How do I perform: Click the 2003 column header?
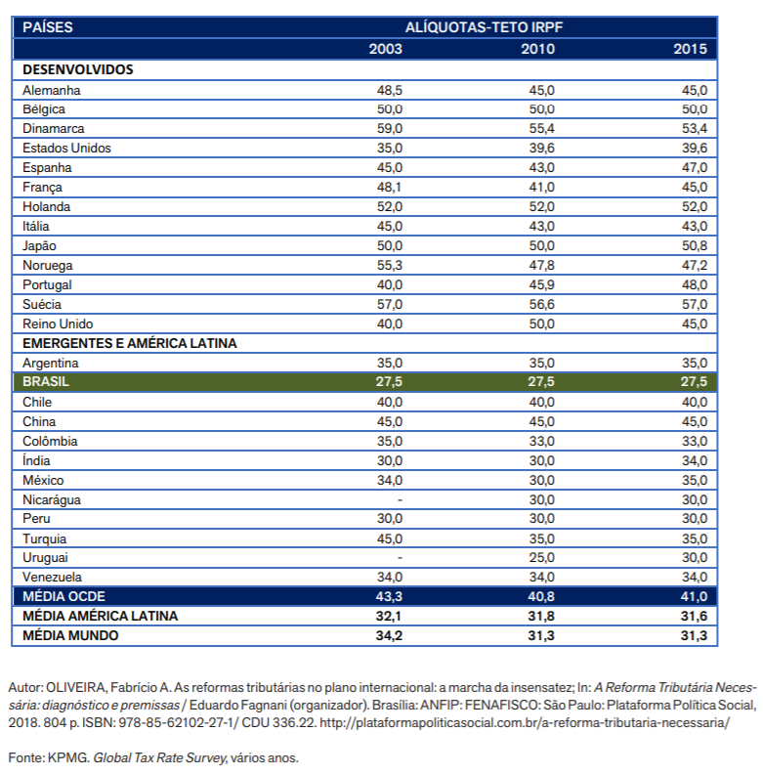[x=386, y=49]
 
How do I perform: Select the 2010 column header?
[x=537, y=49]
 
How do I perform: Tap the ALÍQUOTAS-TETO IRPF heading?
[x=484, y=27]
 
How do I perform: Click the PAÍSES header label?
[x=48, y=27]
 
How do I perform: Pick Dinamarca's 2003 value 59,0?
[x=390, y=128]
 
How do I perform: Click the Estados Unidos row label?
[x=66, y=148]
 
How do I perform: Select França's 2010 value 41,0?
[x=541, y=188]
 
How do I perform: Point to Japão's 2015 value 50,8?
[x=695, y=245]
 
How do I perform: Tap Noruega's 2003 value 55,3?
[x=390, y=266]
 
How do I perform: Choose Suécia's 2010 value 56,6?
[x=541, y=305]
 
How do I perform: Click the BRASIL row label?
[x=46, y=381]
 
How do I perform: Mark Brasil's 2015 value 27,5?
[x=694, y=381]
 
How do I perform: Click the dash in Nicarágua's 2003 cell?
[x=400, y=500]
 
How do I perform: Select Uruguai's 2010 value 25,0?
[x=541, y=557]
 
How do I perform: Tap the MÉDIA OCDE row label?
[x=64, y=596]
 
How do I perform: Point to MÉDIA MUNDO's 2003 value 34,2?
[x=389, y=635]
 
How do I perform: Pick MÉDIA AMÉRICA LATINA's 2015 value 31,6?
[x=694, y=616]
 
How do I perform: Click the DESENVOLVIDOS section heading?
[x=78, y=69]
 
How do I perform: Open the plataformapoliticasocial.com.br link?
[x=525, y=722]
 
